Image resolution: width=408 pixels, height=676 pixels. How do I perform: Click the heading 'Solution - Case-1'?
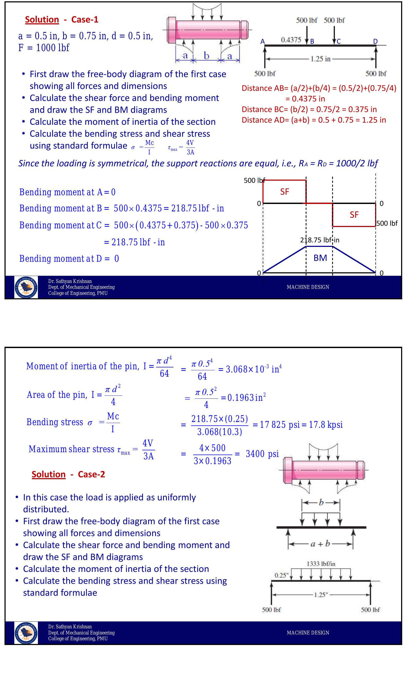click(62, 20)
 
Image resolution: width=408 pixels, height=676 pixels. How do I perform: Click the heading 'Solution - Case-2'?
click(68, 474)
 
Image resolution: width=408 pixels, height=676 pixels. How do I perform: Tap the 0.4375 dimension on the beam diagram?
click(291, 40)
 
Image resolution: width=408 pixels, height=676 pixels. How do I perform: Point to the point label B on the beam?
click(312, 42)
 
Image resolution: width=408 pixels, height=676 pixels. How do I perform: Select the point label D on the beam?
click(375, 41)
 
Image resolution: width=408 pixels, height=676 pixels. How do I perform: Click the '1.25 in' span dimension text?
click(320, 59)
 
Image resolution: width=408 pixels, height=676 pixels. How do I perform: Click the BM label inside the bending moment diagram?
click(320, 258)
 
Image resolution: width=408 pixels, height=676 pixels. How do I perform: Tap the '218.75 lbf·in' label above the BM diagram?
click(320, 240)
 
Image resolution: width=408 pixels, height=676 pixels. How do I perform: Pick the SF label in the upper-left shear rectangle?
click(284, 192)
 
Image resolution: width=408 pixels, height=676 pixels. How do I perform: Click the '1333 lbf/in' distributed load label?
click(321, 564)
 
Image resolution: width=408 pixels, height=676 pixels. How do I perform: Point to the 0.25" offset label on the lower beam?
click(280, 575)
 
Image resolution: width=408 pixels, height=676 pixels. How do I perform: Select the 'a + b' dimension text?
click(320, 544)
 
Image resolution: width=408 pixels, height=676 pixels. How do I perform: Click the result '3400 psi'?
click(262, 454)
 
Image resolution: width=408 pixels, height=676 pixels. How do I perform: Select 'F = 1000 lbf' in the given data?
click(44, 48)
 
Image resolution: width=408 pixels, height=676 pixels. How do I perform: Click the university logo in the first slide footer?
click(26, 287)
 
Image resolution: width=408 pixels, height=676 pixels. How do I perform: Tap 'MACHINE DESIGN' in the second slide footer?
click(308, 633)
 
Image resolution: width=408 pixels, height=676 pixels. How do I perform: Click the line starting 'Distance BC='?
click(309, 109)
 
